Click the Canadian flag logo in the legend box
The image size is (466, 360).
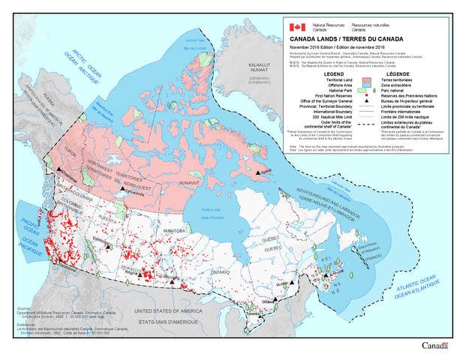298,26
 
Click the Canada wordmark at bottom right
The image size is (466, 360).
434,346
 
